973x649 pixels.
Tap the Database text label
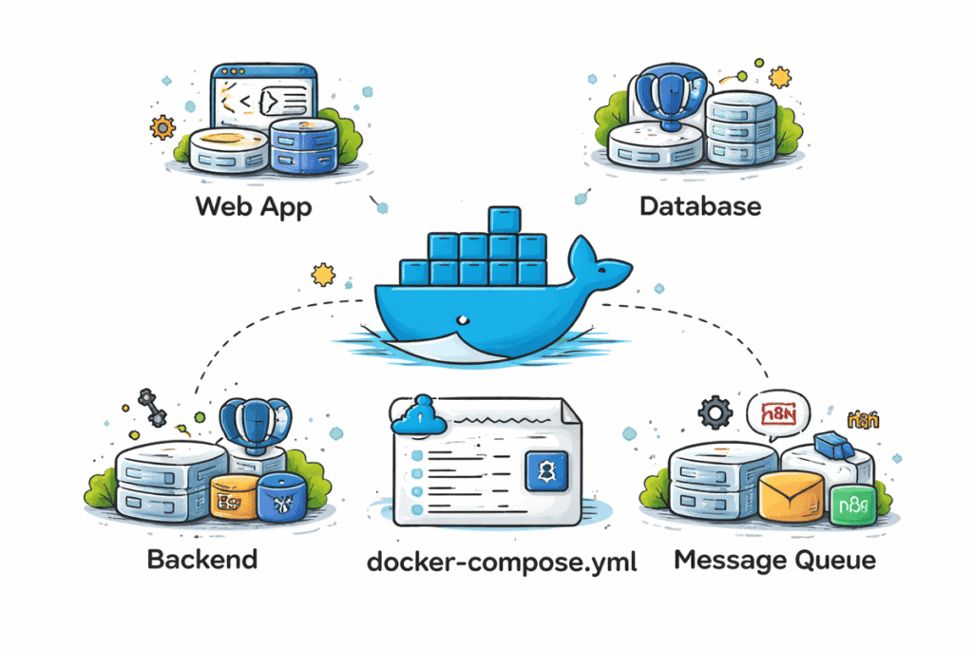tap(699, 205)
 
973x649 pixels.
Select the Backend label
tap(201, 558)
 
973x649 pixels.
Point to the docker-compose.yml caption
tap(502, 561)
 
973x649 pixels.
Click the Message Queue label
tap(774, 560)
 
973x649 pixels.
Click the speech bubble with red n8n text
tap(777, 415)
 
